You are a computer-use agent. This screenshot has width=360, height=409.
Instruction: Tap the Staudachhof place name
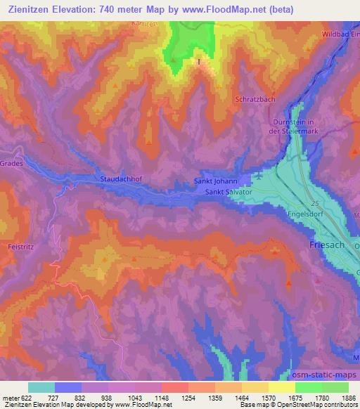point(122,179)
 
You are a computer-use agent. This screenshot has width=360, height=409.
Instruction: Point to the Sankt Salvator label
point(229,191)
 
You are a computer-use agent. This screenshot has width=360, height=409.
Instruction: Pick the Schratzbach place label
point(255,99)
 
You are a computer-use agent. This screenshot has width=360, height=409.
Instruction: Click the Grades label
point(13,163)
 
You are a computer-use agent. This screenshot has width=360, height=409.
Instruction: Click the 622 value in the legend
point(22,398)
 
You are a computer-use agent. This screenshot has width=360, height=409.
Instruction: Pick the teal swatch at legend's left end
point(41,387)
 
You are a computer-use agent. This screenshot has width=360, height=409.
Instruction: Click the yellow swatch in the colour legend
point(281,387)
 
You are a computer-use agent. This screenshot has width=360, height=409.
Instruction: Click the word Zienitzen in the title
point(32,10)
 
